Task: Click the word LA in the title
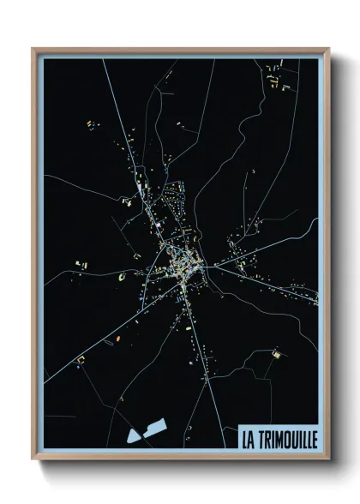[249, 438]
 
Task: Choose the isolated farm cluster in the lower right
[276, 352]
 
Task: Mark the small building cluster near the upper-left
[89, 126]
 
